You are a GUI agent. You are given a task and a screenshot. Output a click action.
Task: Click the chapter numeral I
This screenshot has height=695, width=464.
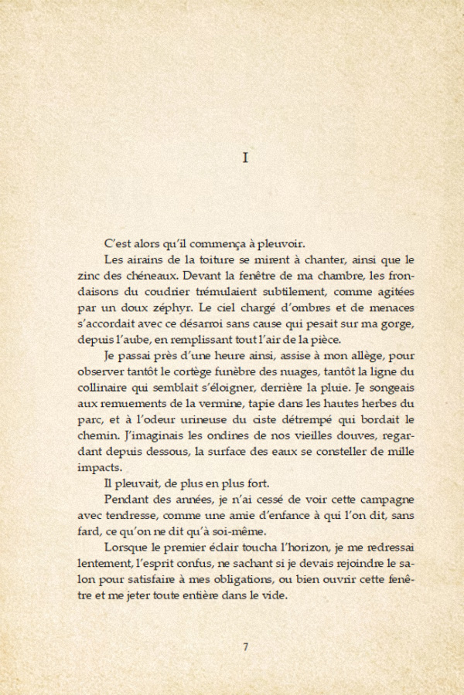pos(244,158)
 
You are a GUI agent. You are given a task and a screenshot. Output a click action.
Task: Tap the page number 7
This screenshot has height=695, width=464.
pos(245,647)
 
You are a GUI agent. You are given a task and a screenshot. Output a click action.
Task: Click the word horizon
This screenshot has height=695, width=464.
pos(291,547)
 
